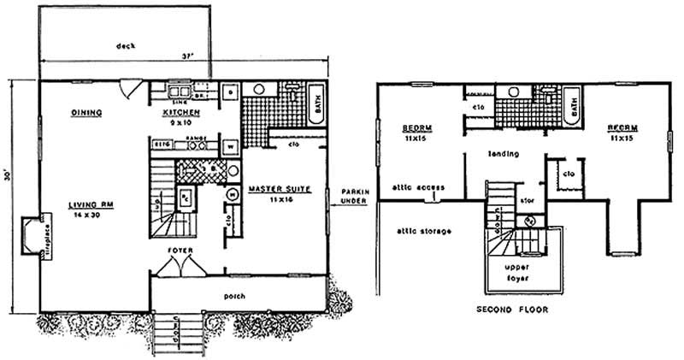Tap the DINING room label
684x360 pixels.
point(87,113)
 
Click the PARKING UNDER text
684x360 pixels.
point(354,196)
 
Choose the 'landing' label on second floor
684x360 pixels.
point(498,155)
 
